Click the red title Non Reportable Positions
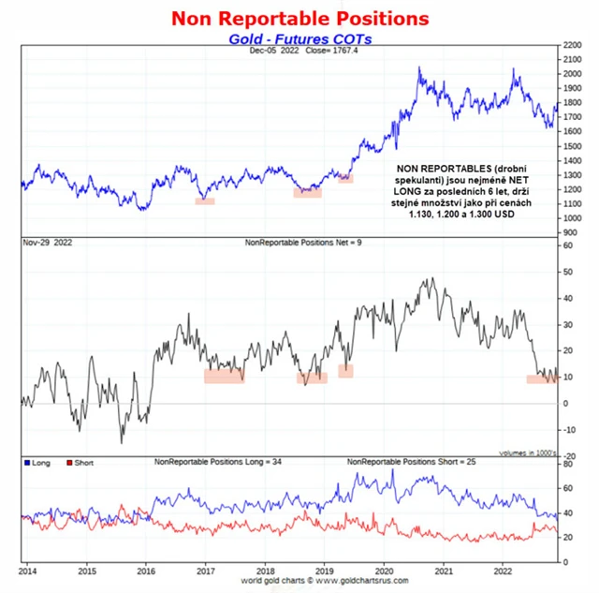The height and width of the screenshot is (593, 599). click(299, 18)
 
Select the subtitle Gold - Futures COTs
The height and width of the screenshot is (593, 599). click(299, 38)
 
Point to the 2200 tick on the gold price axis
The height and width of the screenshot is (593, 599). click(571, 45)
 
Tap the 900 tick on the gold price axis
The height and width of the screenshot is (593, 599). click(569, 232)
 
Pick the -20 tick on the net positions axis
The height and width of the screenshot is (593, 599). click(568, 455)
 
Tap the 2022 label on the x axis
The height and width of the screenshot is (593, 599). click(503, 570)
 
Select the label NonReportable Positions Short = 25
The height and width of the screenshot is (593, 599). click(409, 462)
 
